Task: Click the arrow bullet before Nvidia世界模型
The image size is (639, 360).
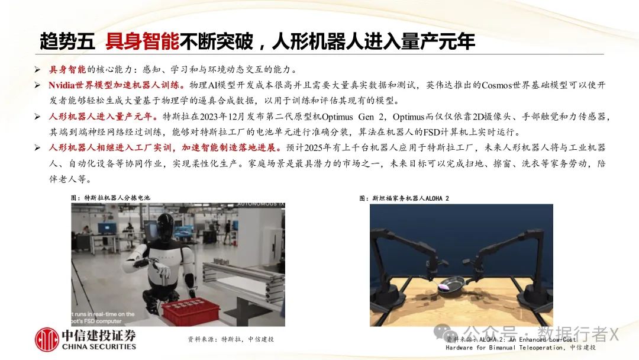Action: pos(37,85)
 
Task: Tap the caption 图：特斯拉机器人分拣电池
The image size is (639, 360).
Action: pos(110,198)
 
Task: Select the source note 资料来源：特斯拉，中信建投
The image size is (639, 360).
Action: pos(231,339)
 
